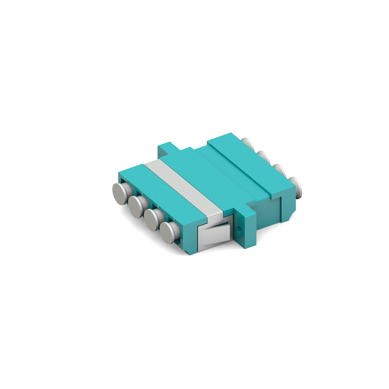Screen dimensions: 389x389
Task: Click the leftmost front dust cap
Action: tap(119, 194)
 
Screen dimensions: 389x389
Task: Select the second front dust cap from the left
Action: tap(135, 207)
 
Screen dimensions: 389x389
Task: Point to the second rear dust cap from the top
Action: tap(264, 157)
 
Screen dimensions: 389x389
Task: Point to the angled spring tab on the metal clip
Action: tap(216, 234)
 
